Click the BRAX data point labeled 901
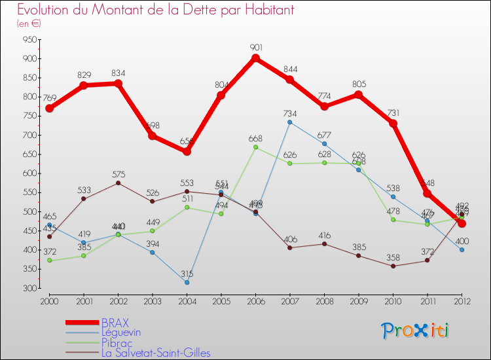pyautogui.click(x=256, y=58)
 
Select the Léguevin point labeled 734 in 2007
pyautogui.click(x=290, y=122)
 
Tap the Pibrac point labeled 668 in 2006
pyautogui.click(x=256, y=147)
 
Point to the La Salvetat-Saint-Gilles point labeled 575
pyautogui.click(x=118, y=183)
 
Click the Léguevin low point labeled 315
pyautogui.click(x=187, y=282)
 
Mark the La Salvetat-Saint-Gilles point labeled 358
pyautogui.click(x=393, y=266)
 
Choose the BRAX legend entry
pyautogui.click(x=115, y=323)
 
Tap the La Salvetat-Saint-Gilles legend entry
pyautogui.click(x=156, y=353)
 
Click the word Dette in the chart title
pyautogui.click(x=176, y=10)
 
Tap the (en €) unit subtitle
pyautogui.click(x=29, y=23)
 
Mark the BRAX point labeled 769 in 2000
pyautogui.click(x=49, y=108)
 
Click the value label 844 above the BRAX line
pyautogui.click(x=290, y=69)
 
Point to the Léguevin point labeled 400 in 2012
pyautogui.click(x=462, y=249)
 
